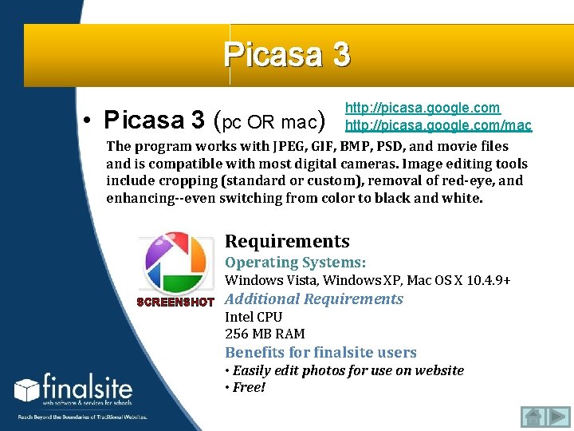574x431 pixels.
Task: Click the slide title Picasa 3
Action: [x=286, y=54]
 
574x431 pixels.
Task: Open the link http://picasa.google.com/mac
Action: [x=438, y=125]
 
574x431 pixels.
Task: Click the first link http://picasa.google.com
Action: [x=423, y=108]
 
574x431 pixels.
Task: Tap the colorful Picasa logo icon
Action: [x=174, y=263]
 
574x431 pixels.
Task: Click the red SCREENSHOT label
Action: [x=175, y=302]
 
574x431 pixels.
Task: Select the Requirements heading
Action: [x=287, y=241]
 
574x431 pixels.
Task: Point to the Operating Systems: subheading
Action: [x=295, y=262]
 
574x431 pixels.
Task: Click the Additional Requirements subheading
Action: [x=314, y=299]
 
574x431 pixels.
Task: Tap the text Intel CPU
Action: [x=254, y=317]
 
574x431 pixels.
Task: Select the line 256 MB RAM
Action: [x=265, y=334]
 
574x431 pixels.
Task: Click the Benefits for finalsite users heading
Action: [x=320, y=352]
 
